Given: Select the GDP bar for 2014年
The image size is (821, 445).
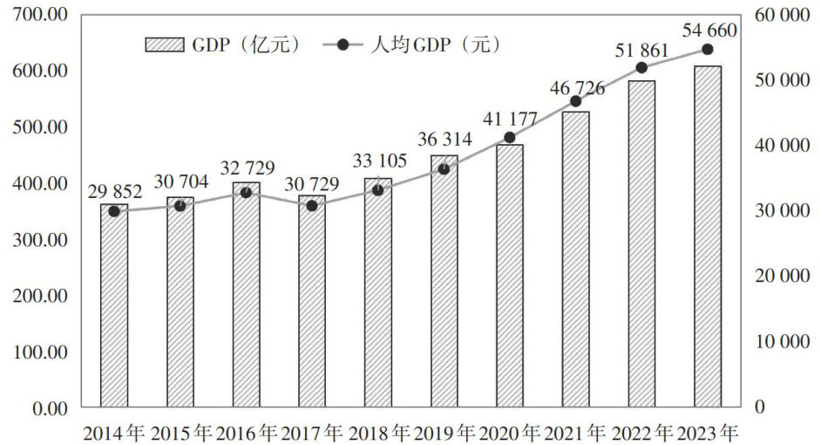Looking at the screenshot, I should pyautogui.click(x=114, y=305).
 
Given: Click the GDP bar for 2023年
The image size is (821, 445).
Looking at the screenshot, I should pyautogui.click(x=708, y=236).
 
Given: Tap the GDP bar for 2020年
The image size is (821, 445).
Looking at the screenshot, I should pyautogui.click(x=510, y=275).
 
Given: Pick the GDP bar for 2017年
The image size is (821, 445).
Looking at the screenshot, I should pyautogui.click(x=312, y=301).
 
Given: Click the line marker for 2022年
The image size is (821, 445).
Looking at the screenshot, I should pyautogui.click(x=642, y=67).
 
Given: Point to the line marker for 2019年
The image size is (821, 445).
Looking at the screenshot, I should pyautogui.click(x=444, y=168).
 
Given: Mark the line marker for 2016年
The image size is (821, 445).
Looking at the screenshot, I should pyautogui.click(x=246, y=192).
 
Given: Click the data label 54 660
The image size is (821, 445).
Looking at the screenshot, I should pyautogui.click(x=709, y=31).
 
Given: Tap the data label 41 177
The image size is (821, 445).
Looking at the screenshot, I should pyautogui.click(x=510, y=119).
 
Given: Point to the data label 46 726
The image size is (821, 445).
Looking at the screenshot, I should pyautogui.click(x=576, y=87).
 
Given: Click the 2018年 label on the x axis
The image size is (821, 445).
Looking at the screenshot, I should pyautogui.click(x=378, y=432).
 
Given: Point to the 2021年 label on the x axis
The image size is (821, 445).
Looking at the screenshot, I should pyautogui.click(x=576, y=432).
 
